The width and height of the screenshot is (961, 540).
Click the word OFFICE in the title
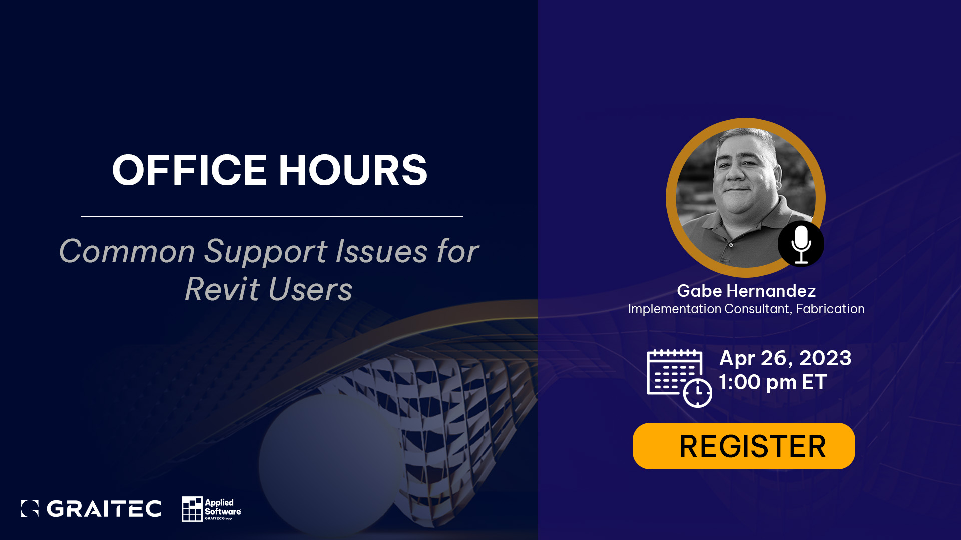(189, 170)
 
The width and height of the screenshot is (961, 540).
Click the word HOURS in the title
(353, 170)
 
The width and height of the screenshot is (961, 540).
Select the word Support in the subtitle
(266, 252)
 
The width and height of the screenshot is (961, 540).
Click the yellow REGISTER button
(744, 446)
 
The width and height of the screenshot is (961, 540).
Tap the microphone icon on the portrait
(801, 244)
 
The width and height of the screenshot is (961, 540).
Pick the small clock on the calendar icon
(698, 393)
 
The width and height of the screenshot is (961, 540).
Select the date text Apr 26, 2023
(785, 358)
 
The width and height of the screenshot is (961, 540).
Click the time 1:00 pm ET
(773, 382)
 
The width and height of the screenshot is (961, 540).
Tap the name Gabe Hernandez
(746, 291)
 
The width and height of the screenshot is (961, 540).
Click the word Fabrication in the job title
(830, 309)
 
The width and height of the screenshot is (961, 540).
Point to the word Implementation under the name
(675, 309)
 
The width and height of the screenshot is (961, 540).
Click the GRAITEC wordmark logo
(91, 508)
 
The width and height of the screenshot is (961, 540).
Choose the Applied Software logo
(211, 509)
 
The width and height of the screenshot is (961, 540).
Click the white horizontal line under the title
(272, 216)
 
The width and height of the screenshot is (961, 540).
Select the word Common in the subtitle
(127, 251)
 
